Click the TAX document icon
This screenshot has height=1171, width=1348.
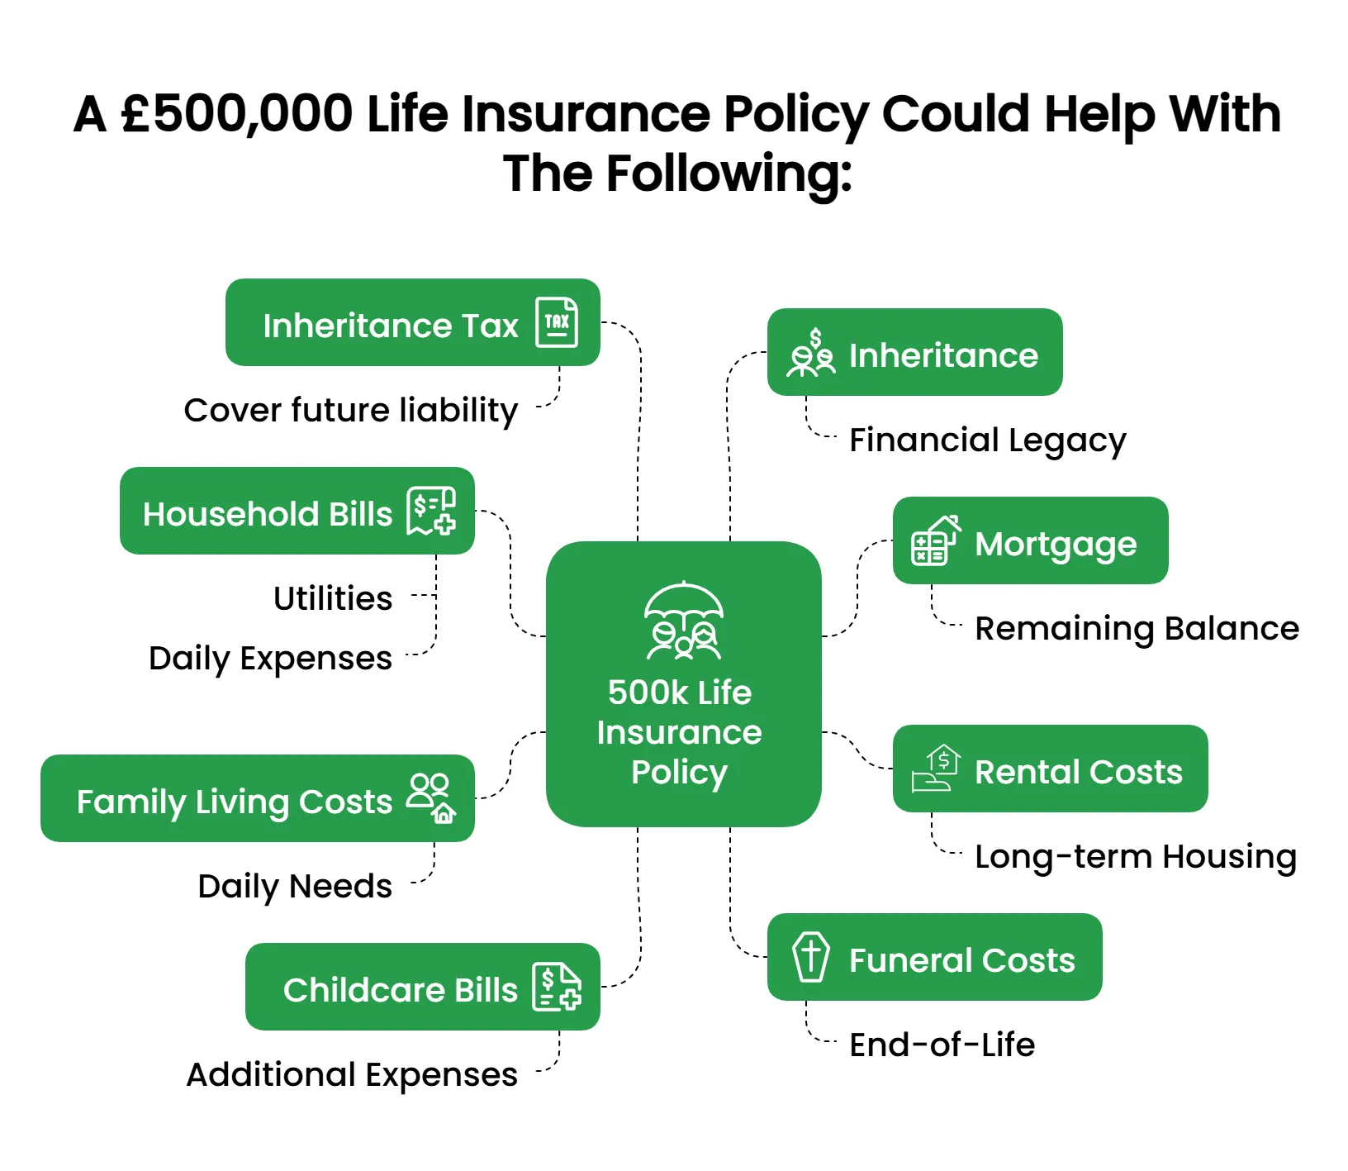pyautogui.click(x=557, y=322)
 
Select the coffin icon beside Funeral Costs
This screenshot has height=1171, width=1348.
pyautogui.click(x=811, y=957)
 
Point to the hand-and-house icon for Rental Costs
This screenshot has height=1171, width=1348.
pyautogui.click(x=936, y=769)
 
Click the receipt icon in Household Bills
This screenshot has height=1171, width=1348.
pyautogui.click(x=431, y=511)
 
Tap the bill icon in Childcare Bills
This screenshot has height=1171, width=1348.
pyautogui.click(x=557, y=987)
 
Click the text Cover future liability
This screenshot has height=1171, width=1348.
pyautogui.click(x=351, y=411)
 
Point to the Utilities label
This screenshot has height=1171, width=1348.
pyautogui.click(x=333, y=598)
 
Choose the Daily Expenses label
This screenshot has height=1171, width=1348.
pyautogui.click(x=270, y=659)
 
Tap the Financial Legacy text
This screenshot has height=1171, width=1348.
pyautogui.click(x=988, y=441)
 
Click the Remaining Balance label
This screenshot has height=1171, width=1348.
pyautogui.click(x=1137, y=630)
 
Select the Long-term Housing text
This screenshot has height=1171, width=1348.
pyautogui.click(x=1136, y=857)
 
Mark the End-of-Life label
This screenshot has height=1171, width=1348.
pyautogui.click(x=942, y=1045)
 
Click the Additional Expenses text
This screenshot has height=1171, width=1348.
pyautogui.click(x=352, y=1076)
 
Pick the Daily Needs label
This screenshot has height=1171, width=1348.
pyautogui.click(x=295, y=887)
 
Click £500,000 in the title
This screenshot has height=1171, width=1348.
pyautogui.click(x=236, y=113)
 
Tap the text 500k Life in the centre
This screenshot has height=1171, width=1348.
pyautogui.click(x=680, y=693)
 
